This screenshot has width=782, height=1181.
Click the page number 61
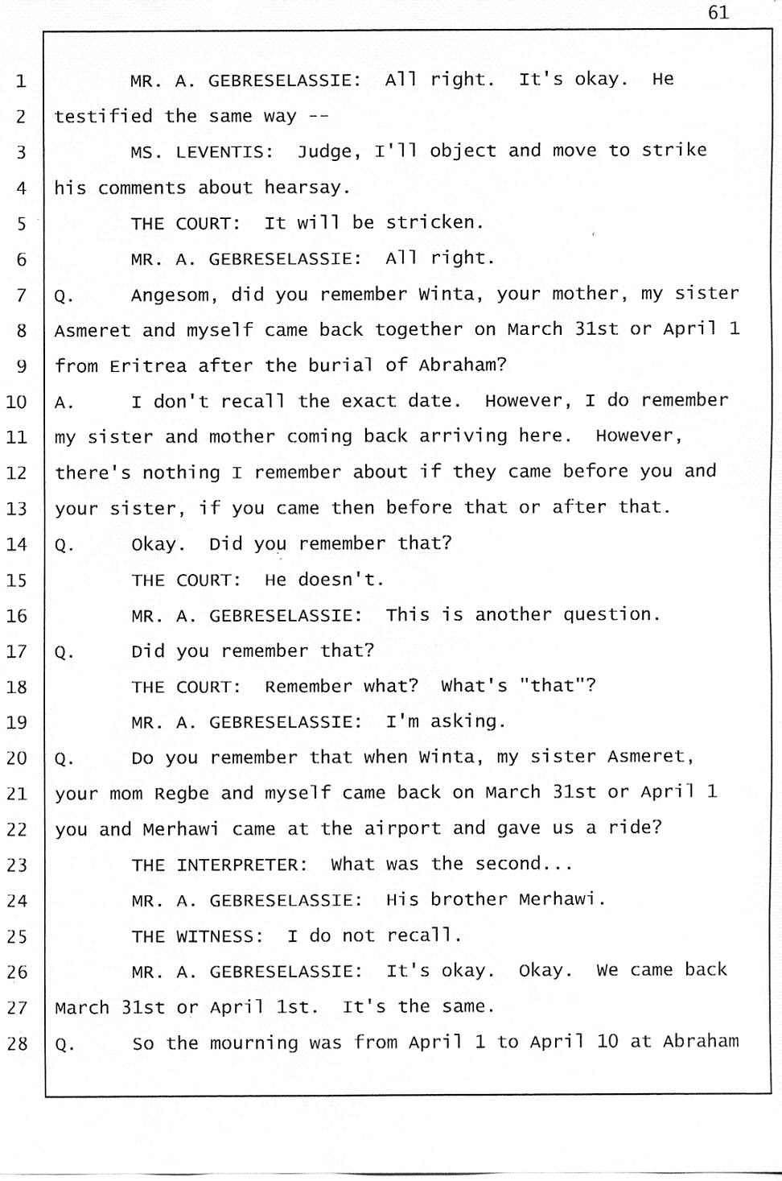coord(718,12)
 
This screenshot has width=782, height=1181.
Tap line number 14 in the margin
coord(17,545)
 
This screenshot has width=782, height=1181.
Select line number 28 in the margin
coord(17,1044)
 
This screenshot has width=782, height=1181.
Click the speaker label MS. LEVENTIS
coord(201,152)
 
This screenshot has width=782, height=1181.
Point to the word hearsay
coord(307,188)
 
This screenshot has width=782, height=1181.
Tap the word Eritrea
coord(148,366)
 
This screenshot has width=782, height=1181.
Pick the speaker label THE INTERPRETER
coord(219,865)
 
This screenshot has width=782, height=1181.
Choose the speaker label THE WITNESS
coord(197,936)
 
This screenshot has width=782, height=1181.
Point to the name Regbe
coord(181,794)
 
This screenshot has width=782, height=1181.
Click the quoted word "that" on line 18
coord(558,686)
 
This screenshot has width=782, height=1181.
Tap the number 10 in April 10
coord(607,1042)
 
